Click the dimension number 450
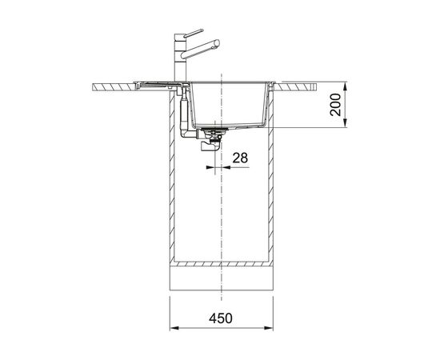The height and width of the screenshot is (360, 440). [x=221, y=318]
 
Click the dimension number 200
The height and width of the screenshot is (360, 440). [x=335, y=105]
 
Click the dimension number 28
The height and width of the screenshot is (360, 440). [x=240, y=158]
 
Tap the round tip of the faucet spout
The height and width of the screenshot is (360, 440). [x=217, y=43]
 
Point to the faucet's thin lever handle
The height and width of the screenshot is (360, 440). [x=194, y=33]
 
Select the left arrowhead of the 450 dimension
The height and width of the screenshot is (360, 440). [x=174, y=328]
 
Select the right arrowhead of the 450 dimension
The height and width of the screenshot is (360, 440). [x=269, y=328]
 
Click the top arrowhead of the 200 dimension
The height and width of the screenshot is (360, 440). [x=346, y=86]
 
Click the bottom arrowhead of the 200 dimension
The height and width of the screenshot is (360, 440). [x=346, y=123]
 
